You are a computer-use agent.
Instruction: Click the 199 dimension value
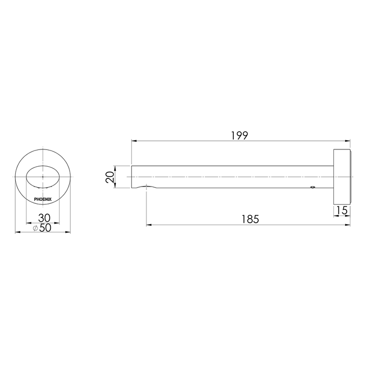239,135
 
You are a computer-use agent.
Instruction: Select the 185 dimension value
250,219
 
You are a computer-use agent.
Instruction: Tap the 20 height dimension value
110,177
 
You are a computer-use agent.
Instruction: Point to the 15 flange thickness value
342,210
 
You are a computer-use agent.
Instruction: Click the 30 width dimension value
44,218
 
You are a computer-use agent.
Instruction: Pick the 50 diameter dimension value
45,228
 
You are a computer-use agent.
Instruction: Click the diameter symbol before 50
35,228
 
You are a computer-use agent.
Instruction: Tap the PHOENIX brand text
43,199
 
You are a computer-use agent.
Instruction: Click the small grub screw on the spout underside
312,187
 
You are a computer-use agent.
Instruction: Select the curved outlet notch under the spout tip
146,186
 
